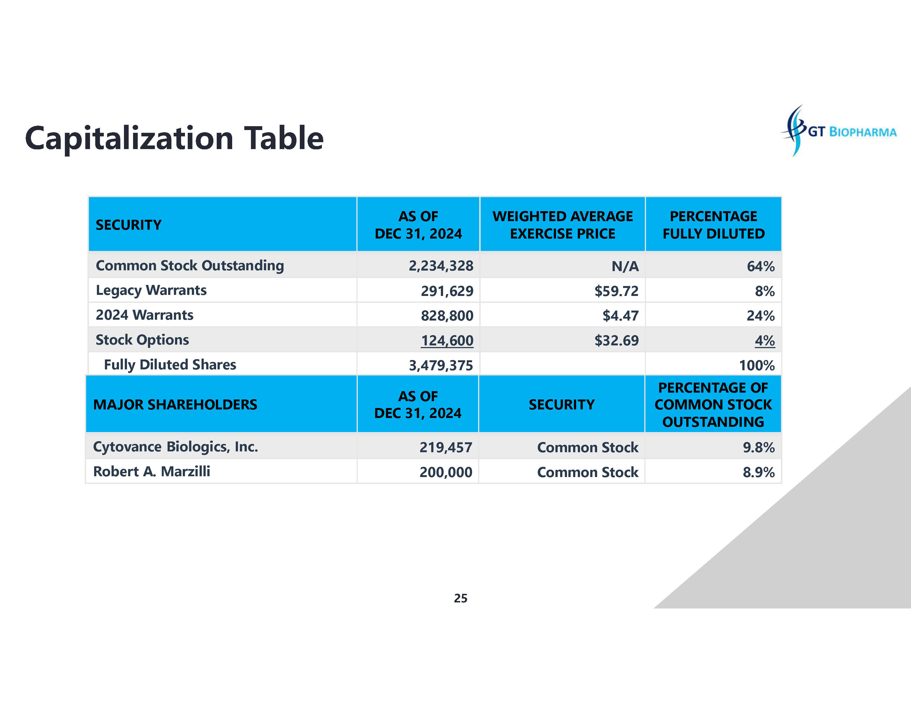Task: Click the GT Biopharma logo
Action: tap(838, 131)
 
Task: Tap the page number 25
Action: tap(460, 598)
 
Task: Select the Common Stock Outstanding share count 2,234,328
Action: tap(441, 266)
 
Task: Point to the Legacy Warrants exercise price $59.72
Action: tap(616, 291)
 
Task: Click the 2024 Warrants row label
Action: tap(144, 315)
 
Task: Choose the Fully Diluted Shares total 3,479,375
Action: tap(441, 365)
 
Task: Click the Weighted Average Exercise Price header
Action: tap(562, 225)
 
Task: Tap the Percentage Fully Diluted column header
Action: tap(713, 225)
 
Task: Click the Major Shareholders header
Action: tap(175, 404)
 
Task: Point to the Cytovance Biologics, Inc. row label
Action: tap(175, 447)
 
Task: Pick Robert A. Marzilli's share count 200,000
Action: tap(446, 472)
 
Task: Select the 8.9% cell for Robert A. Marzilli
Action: tap(758, 472)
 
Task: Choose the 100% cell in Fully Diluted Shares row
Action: tap(757, 365)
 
